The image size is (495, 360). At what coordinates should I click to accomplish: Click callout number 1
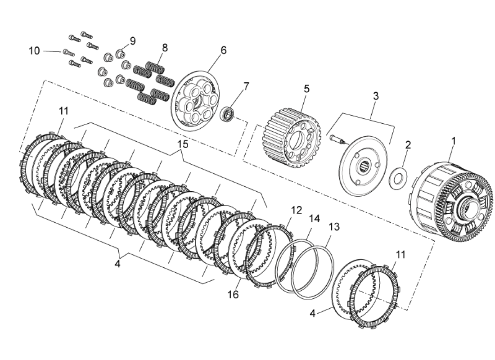click(x=454, y=141)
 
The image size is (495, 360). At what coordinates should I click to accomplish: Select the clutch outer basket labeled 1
click(x=450, y=202)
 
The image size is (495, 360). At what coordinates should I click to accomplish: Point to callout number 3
click(x=376, y=96)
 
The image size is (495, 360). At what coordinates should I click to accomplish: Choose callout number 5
click(x=306, y=89)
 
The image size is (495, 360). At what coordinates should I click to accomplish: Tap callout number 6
click(x=224, y=49)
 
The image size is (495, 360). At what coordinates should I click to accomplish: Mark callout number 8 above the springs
click(x=165, y=47)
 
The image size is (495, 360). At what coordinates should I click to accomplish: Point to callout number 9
click(x=133, y=41)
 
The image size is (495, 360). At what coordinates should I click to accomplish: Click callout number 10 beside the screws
click(x=35, y=51)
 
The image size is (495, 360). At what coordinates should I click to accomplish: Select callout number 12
click(x=296, y=210)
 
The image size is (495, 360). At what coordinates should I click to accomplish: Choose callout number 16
click(x=233, y=295)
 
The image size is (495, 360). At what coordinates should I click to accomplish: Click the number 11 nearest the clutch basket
click(x=400, y=255)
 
